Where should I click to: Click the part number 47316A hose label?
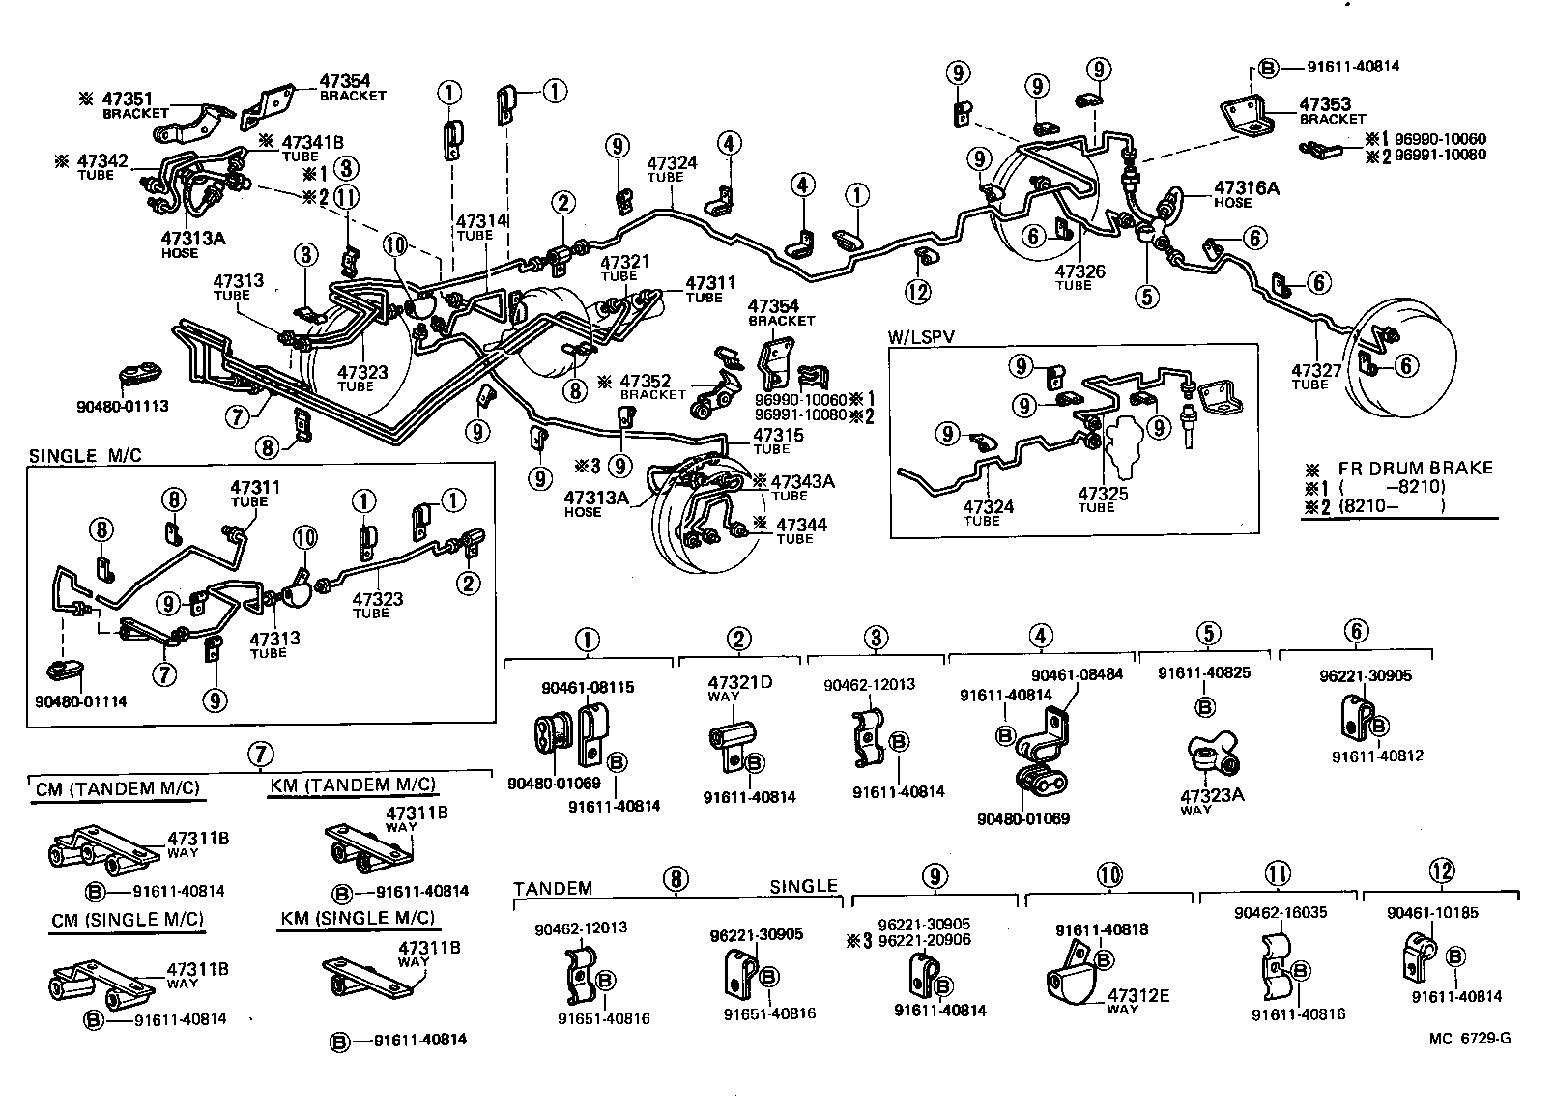click(1246, 188)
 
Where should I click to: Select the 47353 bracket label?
click(1325, 104)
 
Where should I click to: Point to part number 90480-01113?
click(123, 406)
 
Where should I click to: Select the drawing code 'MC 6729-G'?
click(1470, 1039)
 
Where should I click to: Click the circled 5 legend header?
click(1208, 633)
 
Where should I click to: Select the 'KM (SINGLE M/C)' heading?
click(358, 918)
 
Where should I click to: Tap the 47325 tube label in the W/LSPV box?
click(1103, 494)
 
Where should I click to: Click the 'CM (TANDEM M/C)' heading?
click(116, 788)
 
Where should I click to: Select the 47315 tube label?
click(777, 436)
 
